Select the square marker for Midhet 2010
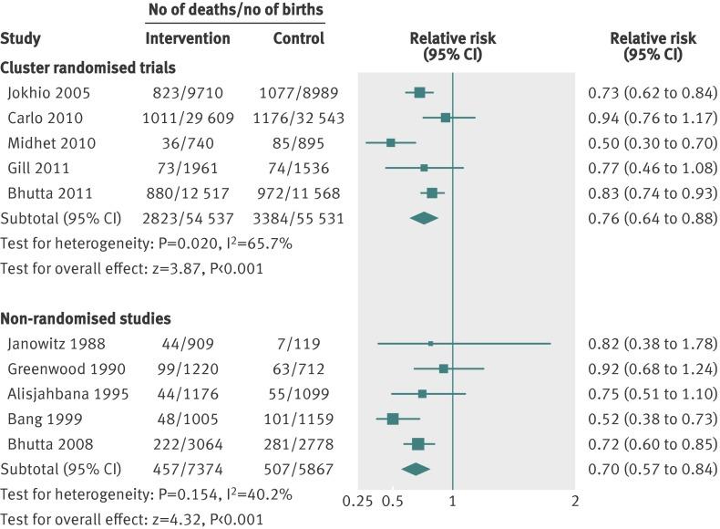[x=390, y=142]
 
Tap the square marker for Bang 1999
[x=392, y=419]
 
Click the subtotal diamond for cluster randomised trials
[x=424, y=218]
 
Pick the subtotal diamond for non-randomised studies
[x=416, y=469]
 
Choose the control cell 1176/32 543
[x=298, y=118]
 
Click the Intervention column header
[x=188, y=39]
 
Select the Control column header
[x=298, y=39]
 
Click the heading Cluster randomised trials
[x=88, y=67]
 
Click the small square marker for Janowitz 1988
[x=431, y=343]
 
